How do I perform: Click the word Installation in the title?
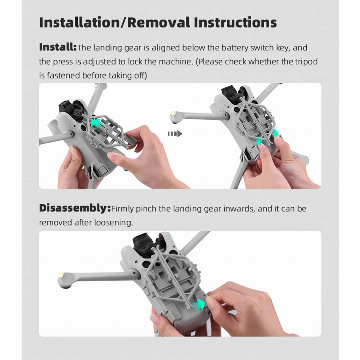pos(79,22)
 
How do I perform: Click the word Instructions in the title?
pos(235,22)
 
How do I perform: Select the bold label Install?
pos(58,47)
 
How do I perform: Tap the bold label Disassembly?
pos(75,208)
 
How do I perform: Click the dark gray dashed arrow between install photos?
pos(175,134)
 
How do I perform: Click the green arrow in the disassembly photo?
pos(199,305)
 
